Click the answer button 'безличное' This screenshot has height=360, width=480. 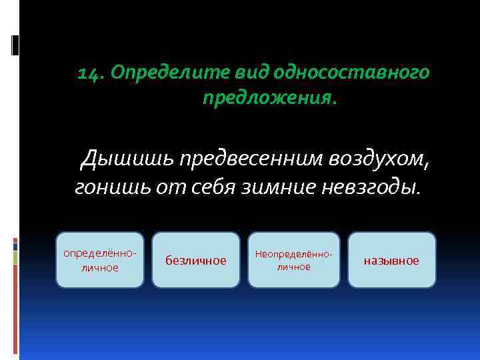195,260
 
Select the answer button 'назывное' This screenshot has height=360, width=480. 391,260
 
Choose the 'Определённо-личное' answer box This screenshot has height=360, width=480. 99,260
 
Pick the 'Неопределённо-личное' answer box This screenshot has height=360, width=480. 294,260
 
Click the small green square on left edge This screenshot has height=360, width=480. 15,258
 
